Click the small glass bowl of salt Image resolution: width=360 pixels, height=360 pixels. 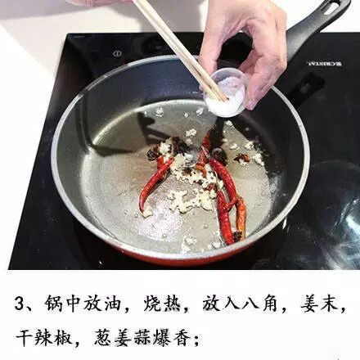pyautogui.click(x=225, y=92)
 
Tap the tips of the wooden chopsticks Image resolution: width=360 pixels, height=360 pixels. pyautogui.click(x=223, y=99)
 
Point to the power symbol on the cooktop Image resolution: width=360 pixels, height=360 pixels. pyautogui.click(x=117, y=53)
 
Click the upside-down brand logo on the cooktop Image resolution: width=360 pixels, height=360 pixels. pyautogui.click(x=324, y=64)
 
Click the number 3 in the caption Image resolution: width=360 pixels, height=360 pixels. pyautogui.click(x=20, y=304)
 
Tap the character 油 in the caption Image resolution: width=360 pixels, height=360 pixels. pyautogui.click(x=111, y=304)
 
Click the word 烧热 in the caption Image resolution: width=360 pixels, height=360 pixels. pyautogui.click(x=162, y=304)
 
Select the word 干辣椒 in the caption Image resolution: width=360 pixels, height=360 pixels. pyautogui.click(x=44, y=337)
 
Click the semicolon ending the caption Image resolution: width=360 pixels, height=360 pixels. pyautogui.click(x=196, y=340)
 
